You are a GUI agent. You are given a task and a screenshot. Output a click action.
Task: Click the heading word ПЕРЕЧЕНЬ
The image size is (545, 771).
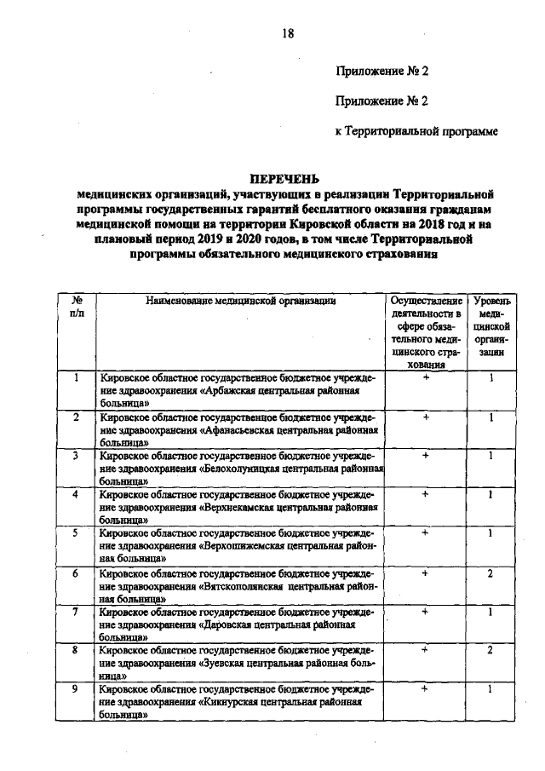pos(284,180)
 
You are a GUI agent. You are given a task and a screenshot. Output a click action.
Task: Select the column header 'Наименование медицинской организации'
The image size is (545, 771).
pos(242,301)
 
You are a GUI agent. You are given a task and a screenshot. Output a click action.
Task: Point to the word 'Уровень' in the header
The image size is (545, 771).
pos(492,301)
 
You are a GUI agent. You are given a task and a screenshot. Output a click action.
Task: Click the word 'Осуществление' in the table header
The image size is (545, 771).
pos(426,301)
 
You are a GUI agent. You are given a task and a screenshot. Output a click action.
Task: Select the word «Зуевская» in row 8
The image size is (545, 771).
pos(229,665)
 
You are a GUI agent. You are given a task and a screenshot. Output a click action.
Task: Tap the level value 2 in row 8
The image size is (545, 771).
pos(491,651)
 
